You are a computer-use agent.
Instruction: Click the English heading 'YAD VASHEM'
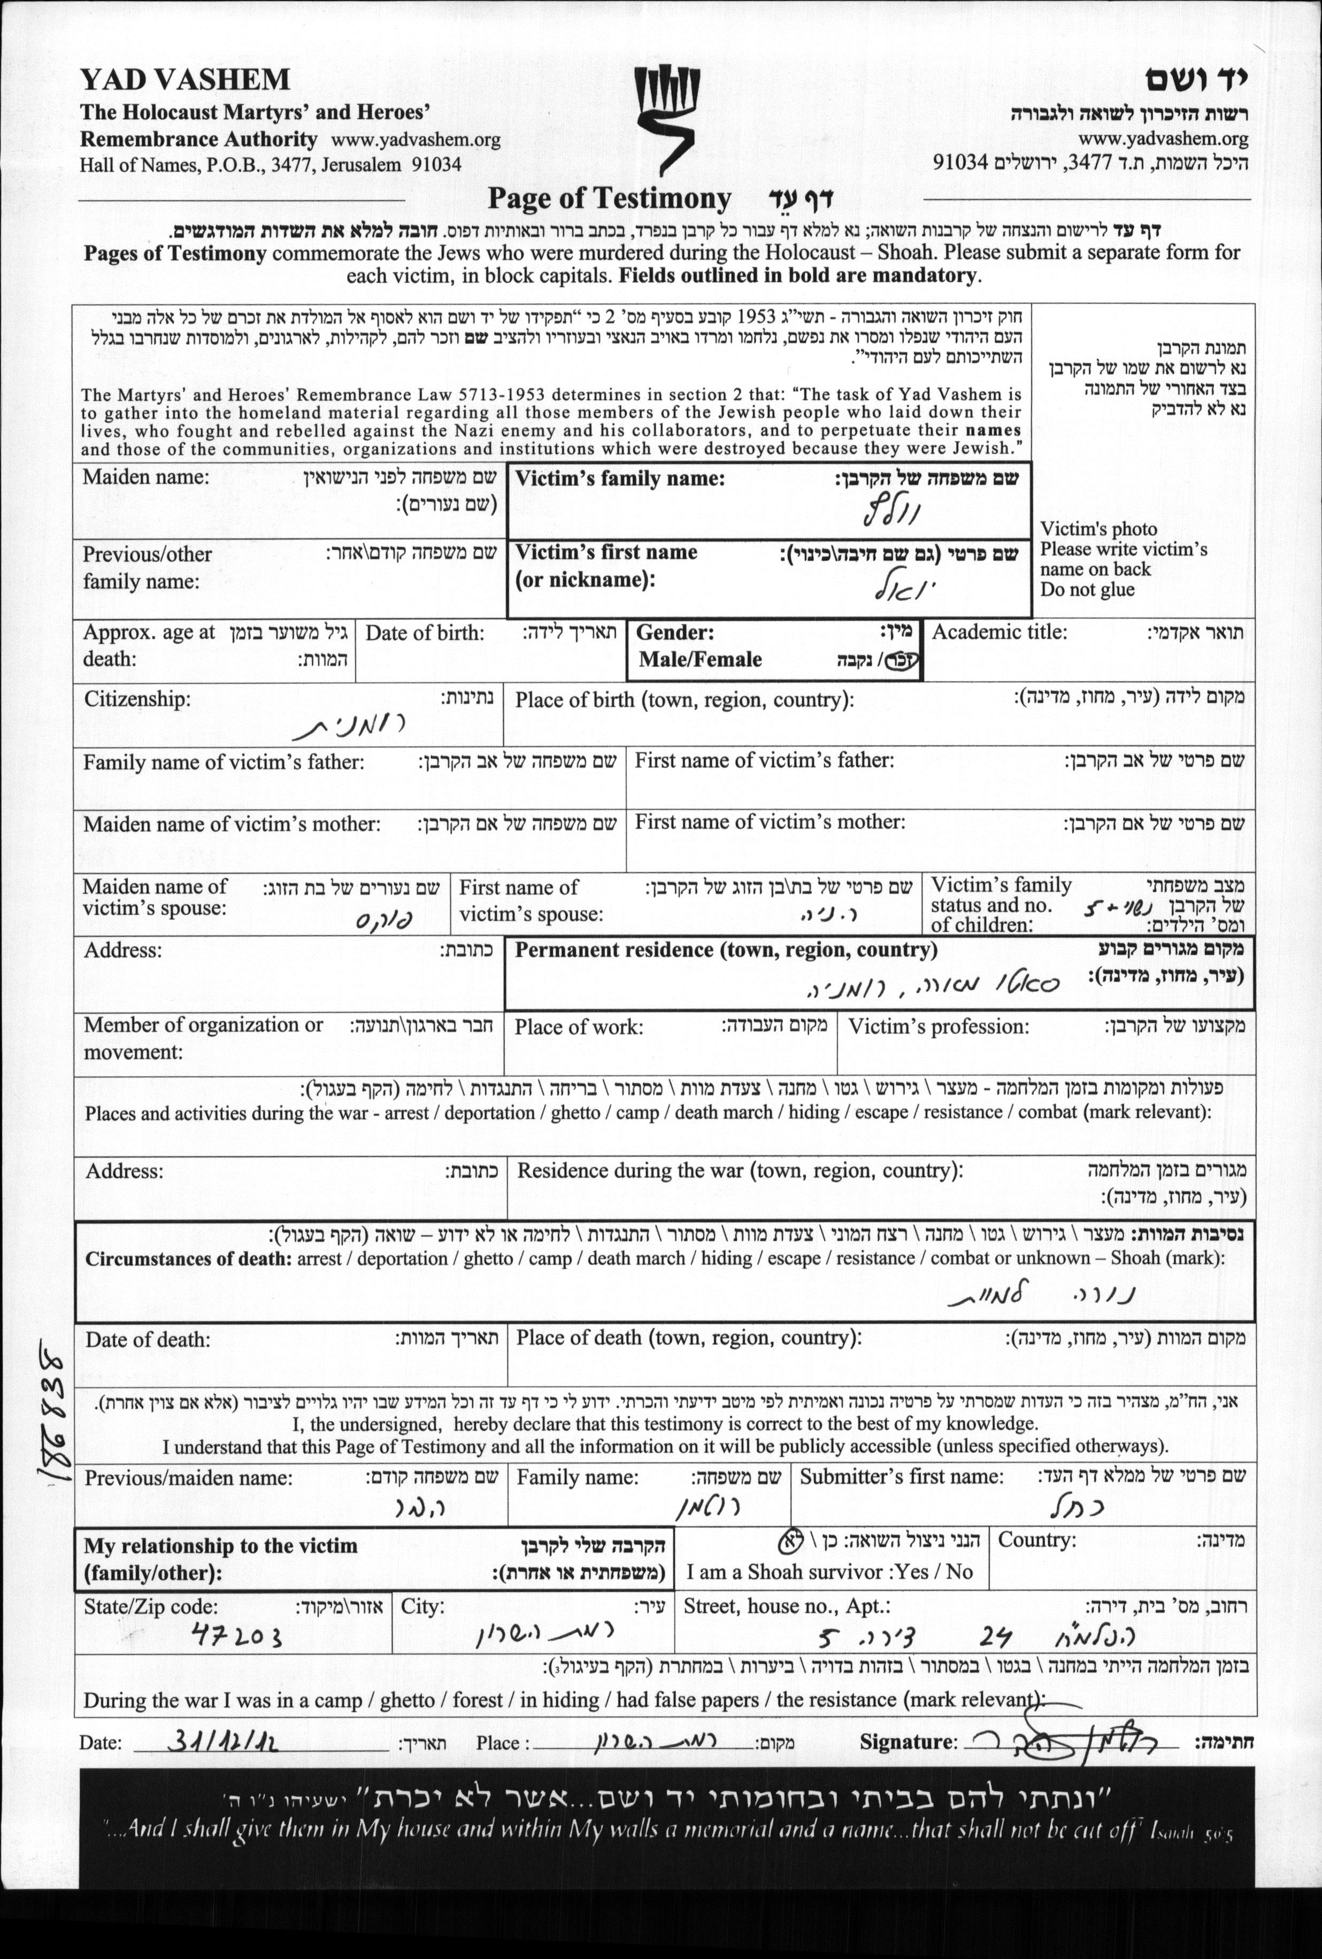[185, 80]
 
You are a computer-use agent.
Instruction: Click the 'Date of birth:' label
[425, 633]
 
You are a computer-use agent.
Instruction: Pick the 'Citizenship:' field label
[136, 699]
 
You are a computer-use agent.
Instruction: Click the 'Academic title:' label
[999, 632]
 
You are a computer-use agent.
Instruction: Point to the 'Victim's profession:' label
[937, 1026]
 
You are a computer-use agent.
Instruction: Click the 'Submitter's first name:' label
[901, 1476]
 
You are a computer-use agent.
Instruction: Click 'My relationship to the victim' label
[220, 1545]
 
